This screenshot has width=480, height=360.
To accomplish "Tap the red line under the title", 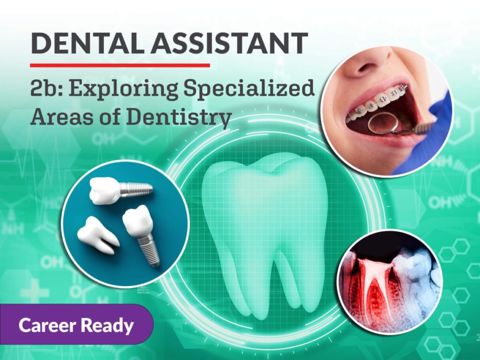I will (x=120, y=65).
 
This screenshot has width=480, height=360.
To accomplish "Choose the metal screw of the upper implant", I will (x=136, y=189).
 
